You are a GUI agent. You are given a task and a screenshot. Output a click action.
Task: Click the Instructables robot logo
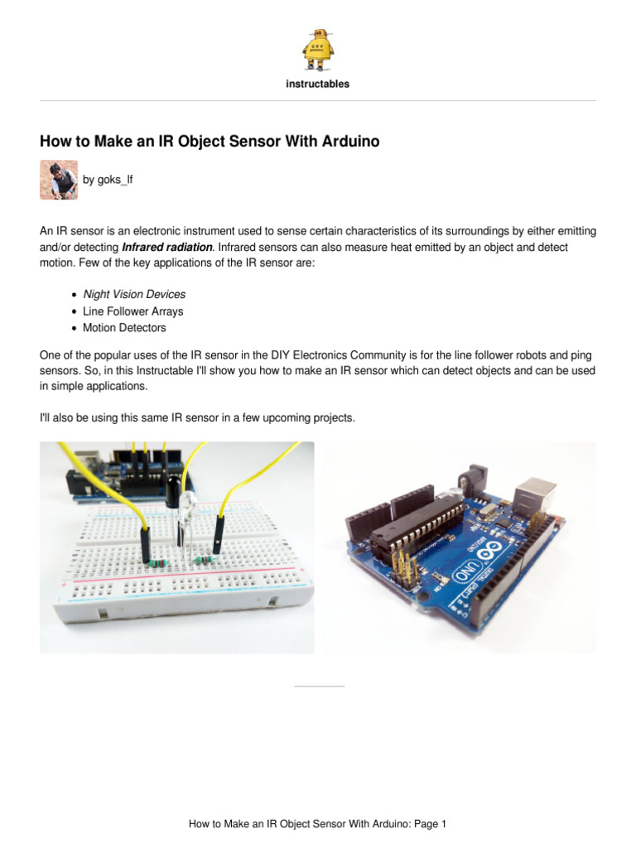(x=318, y=49)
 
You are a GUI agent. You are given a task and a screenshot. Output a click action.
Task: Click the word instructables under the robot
(x=318, y=84)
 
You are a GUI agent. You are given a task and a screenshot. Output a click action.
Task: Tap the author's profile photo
(x=59, y=180)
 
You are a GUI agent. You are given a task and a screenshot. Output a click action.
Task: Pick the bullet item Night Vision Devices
(x=134, y=294)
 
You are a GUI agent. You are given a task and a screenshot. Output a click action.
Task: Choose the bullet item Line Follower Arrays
(x=133, y=311)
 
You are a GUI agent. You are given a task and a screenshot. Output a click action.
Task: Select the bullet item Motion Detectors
(x=124, y=328)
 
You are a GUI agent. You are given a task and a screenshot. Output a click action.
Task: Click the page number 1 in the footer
(x=444, y=824)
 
